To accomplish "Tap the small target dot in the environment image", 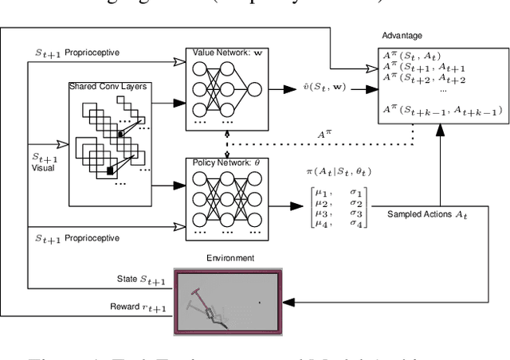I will coord(258,303).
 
